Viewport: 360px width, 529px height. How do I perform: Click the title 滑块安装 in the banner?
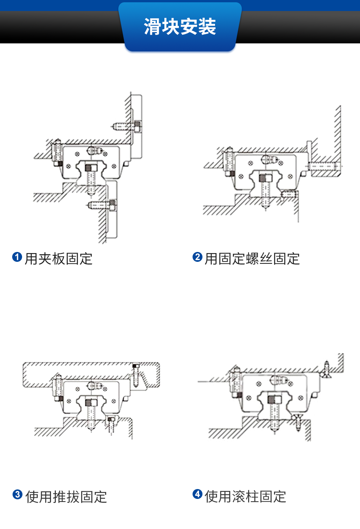coord(180,27)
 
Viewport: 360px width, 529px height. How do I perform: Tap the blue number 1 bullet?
coord(17,257)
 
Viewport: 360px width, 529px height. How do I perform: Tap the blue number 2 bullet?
coord(197,257)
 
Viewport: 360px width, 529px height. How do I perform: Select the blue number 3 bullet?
coord(18,494)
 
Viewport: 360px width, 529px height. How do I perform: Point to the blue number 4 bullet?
coord(197,494)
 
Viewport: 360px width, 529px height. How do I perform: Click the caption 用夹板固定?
coord(59,259)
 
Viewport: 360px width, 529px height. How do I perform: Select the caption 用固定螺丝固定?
coord(252,259)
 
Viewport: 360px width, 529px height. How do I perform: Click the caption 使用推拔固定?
coord(66,497)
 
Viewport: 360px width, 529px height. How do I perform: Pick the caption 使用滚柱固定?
coord(245,496)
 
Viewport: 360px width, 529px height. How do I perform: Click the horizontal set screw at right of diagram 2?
coord(323,166)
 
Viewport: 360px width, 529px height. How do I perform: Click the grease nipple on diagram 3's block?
coord(95,386)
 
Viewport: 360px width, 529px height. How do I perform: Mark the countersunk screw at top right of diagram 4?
coord(326,369)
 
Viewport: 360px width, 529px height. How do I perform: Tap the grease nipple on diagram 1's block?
coord(95,151)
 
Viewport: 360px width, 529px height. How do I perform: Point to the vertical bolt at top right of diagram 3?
coord(135,375)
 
